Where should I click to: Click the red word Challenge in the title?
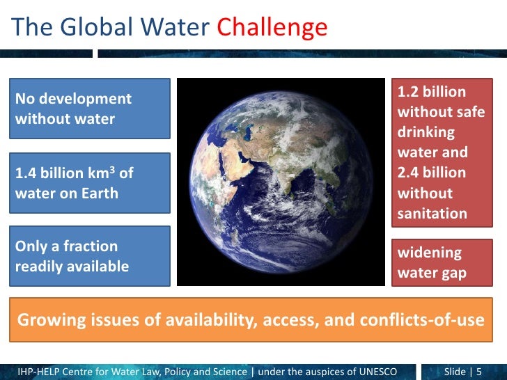click(272, 27)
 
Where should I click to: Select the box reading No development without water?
click(91, 109)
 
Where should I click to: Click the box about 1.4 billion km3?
click(91, 182)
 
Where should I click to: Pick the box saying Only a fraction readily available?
click(91, 256)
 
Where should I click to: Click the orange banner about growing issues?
click(251, 320)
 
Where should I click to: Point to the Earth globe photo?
click(281, 182)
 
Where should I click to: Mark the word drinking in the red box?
click(426, 132)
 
